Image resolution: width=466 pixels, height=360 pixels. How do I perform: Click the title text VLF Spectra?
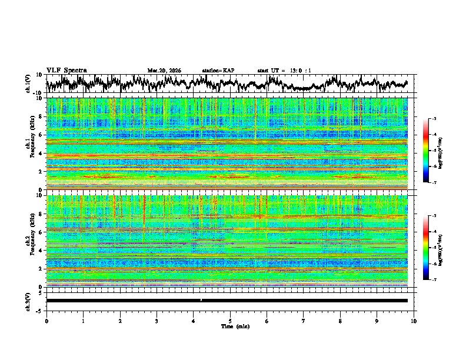[x=66, y=70]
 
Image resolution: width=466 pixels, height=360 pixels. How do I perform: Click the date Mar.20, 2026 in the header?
[x=164, y=71]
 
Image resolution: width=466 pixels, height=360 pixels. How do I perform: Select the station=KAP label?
[x=218, y=71]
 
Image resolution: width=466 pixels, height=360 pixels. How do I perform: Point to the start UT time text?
[x=284, y=71]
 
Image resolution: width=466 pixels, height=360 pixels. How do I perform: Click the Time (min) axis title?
[x=235, y=326]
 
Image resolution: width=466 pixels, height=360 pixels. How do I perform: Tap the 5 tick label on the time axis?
[x=230, y=321]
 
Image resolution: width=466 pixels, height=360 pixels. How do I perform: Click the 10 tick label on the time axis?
[x=414, y=321]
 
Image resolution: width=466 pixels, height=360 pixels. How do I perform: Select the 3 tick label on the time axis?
[x=157, y=321]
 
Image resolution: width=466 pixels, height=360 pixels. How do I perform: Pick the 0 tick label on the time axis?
[x=46, y=321]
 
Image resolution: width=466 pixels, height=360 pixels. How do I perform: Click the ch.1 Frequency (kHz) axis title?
[x=31, y=144]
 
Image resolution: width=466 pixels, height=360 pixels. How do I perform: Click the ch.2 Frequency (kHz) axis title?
[x=31, y=241]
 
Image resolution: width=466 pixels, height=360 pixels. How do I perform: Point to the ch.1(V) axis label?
[x=28, y=84]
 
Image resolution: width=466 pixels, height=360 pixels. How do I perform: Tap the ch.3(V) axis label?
[x=28, y=300]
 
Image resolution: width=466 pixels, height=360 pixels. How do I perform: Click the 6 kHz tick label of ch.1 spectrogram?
[x=41, y=135]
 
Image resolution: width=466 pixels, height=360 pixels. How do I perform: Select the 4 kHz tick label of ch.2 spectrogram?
[x=41, y=251]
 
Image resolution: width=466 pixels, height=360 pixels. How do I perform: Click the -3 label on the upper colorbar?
[x=434, y=119]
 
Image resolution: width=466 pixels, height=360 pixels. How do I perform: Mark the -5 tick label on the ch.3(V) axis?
[x=39, y=310]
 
